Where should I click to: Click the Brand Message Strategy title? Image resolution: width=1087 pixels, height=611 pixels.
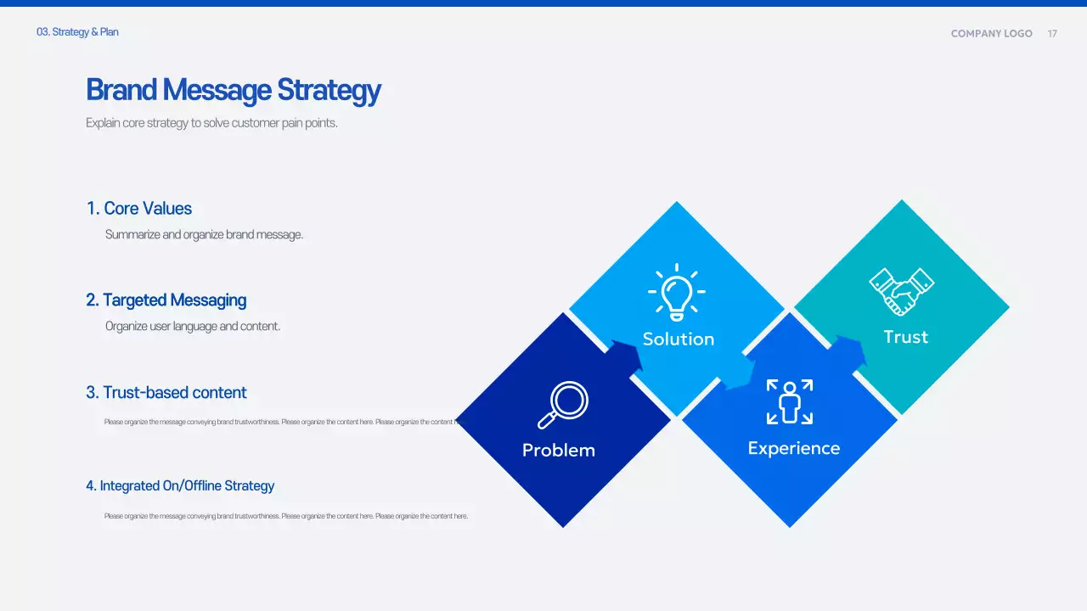(x=234, y=90)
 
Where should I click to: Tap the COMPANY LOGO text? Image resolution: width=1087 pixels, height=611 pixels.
(x=991, y=34)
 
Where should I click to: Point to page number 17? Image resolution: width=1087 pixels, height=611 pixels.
(x=1052, y=34)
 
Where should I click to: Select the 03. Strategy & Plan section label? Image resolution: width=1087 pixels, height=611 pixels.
(x=77, y=32)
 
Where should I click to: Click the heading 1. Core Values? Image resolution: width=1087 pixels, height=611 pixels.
(x=139, y=209)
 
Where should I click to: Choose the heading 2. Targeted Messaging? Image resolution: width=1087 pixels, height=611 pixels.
(x=166, y=300)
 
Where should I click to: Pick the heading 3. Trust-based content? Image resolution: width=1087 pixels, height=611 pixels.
(x=166, y=393)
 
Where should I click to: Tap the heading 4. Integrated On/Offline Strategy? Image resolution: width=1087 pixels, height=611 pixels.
(x=180, y=486)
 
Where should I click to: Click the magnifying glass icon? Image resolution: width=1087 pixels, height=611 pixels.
(x=563, y=405)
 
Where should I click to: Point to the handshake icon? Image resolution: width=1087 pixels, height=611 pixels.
(x=901, y=292)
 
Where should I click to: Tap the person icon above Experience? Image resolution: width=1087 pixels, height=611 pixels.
(x=790, y=401)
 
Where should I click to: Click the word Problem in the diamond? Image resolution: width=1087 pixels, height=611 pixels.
(x=559, y=451)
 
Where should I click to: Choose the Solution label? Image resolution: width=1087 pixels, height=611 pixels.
(x=679, y=339)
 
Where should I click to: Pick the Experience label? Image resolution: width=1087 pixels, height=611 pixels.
(x=794, y=449)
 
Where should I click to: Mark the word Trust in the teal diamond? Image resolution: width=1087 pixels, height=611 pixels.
(x=905, y=337)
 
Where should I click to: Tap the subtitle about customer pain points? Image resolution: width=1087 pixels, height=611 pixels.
(x=211, y=123)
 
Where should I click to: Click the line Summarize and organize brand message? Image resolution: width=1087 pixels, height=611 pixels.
(x=204, y=235)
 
